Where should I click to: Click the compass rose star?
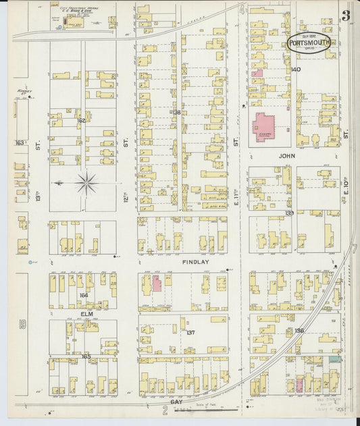[86, 182]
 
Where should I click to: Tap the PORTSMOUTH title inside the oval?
[310, 43]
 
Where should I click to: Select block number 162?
[81, 121]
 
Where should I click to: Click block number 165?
[86, 354]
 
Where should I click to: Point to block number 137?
[190, 333]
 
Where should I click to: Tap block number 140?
[295, 70]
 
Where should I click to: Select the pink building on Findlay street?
[156, 283]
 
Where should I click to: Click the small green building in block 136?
[332, 360]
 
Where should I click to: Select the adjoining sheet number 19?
[22, 325]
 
